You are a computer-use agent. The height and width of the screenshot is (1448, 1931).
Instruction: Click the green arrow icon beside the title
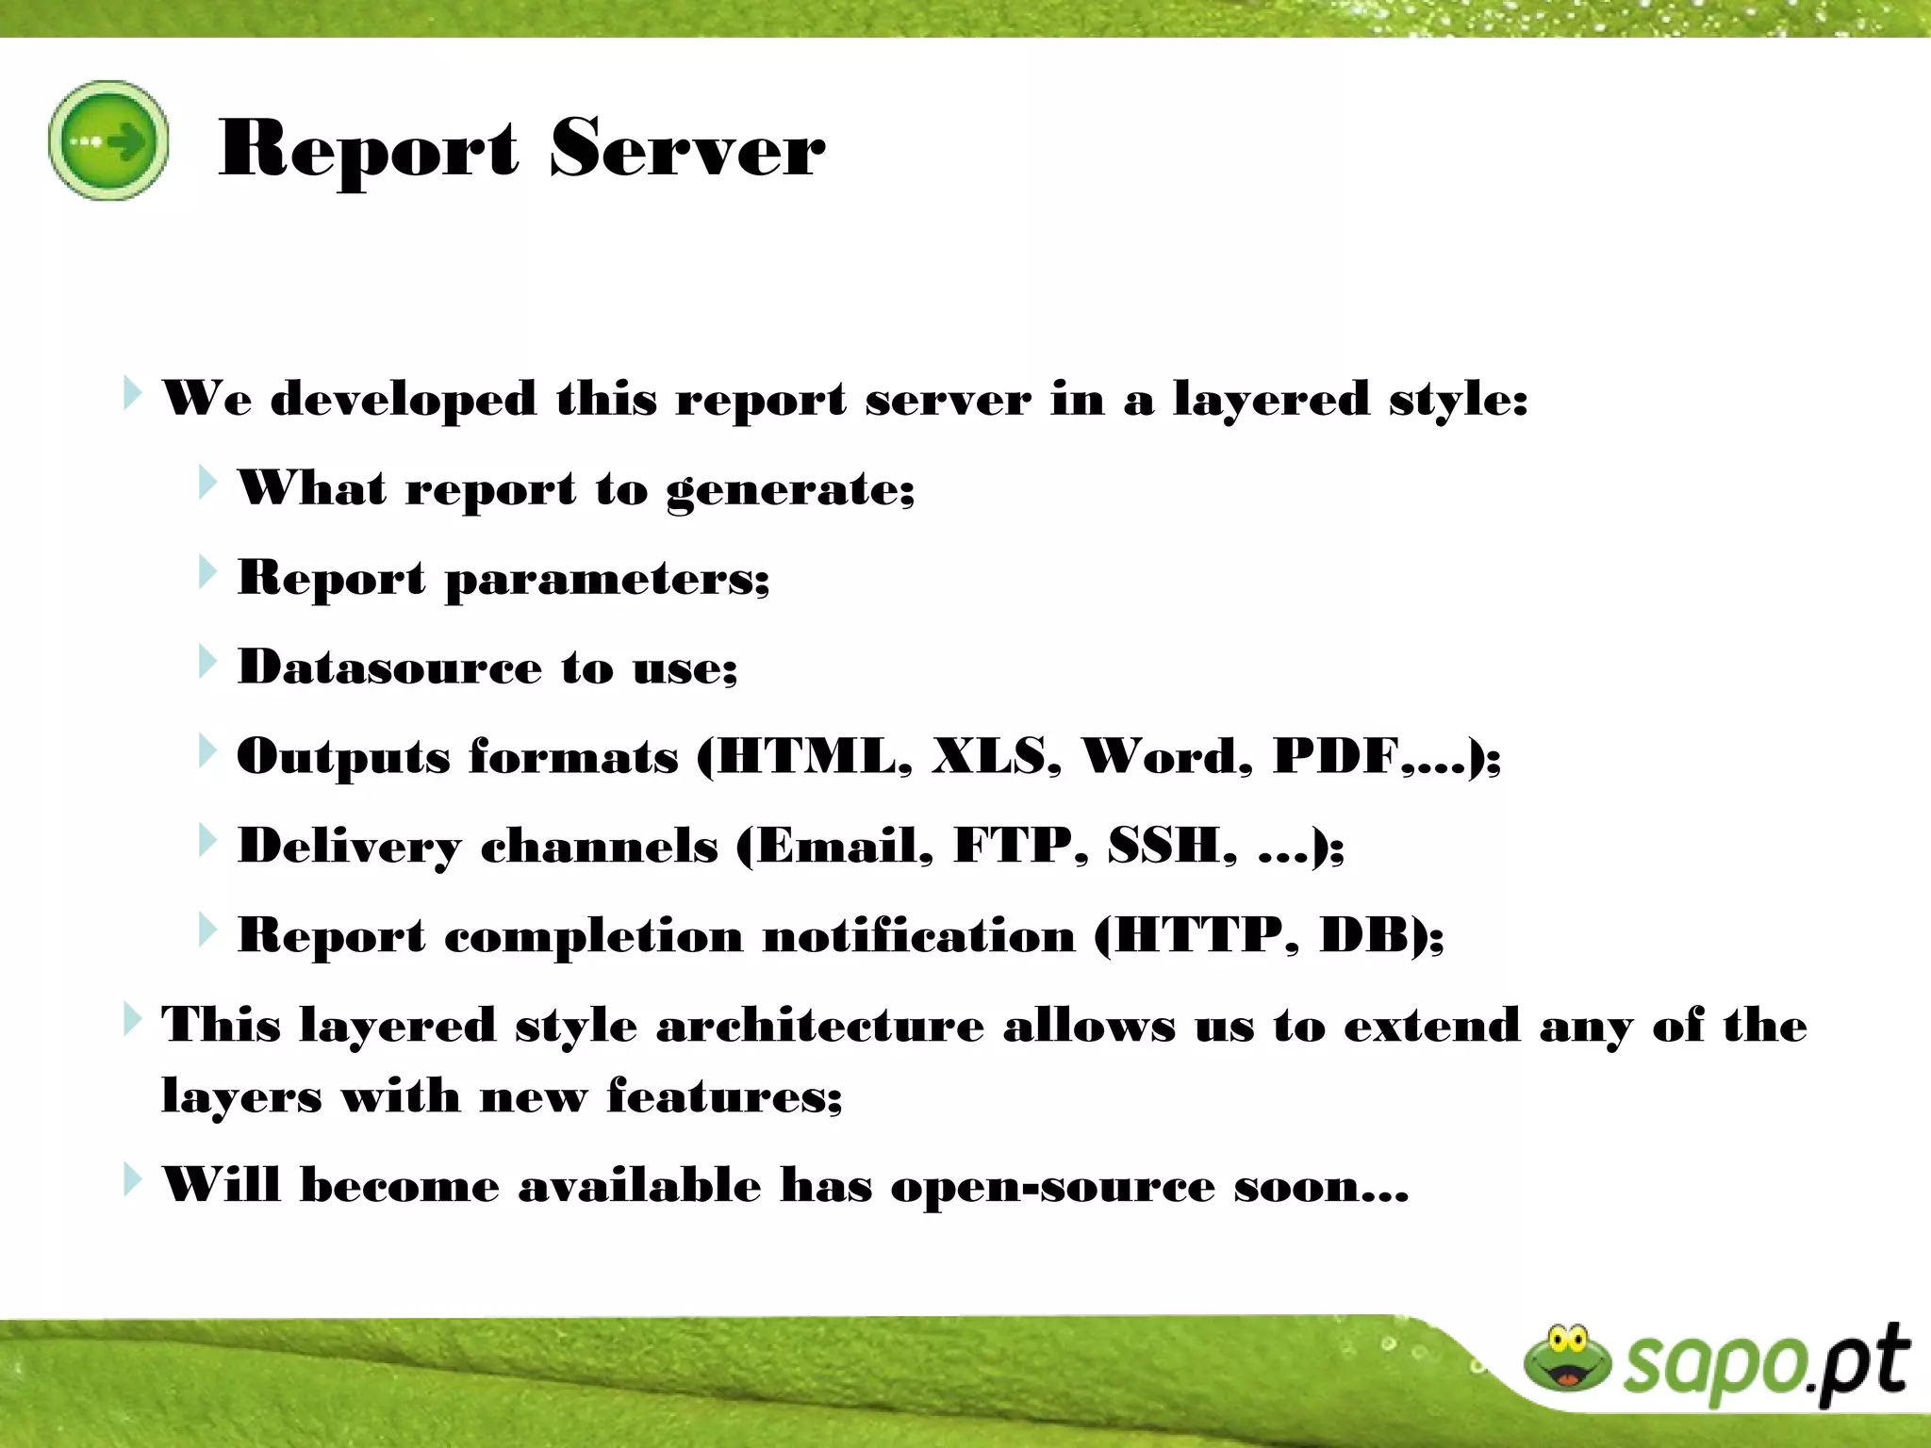108,141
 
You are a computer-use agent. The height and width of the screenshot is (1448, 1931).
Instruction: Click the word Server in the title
686,149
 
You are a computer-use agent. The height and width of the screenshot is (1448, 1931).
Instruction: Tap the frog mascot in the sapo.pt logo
1567,1358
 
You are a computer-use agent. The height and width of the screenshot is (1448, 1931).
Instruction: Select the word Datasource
389,667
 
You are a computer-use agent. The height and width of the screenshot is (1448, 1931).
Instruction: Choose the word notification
918,936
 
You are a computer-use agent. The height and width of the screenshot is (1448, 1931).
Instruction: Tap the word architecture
819,1026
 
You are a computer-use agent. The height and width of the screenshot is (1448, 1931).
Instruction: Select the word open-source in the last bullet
1052,1186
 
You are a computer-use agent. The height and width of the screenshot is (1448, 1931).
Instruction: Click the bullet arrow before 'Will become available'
133,1179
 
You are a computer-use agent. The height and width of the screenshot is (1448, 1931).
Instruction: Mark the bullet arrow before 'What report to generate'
207,483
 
